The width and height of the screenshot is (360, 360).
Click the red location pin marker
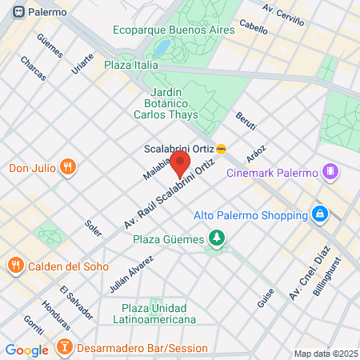tap(180, 165)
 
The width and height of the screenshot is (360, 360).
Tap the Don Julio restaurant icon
tap(68, 167)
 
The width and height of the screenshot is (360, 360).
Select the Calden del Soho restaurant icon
tap(14, 265)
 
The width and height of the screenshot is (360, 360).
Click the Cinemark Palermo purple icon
tap(330, 171)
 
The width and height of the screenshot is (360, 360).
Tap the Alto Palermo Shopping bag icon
tap(319, 214)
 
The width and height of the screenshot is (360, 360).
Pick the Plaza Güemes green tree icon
tap(216, 238)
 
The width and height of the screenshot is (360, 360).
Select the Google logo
tap(27, 350)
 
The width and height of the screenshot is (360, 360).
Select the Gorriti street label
tap(34, 326)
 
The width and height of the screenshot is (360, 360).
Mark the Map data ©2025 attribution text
tap(325, 354)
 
